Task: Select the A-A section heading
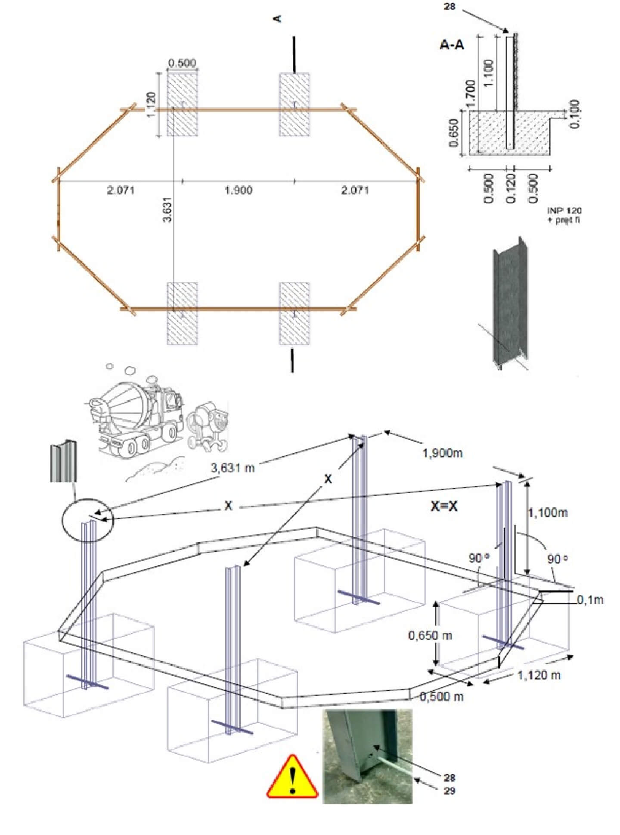452,44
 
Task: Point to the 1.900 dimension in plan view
239,190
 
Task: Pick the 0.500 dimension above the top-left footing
182,63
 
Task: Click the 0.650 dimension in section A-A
454,132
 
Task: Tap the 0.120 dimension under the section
511,188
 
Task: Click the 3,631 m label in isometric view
232,467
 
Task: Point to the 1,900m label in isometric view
442,453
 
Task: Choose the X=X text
444,506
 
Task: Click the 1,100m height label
548,513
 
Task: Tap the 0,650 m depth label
430,635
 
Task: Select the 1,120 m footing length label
539,675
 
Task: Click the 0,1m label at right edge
590,600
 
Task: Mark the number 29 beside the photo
449,791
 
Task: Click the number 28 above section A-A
449,7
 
